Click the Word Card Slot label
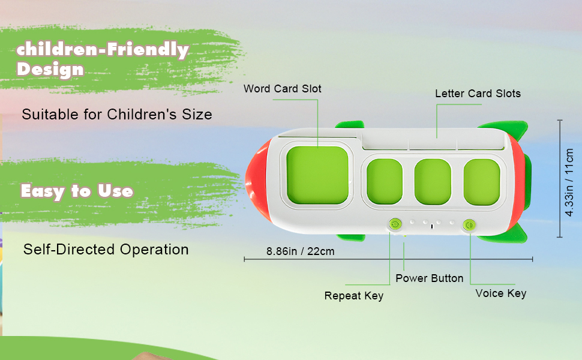coord(282,89)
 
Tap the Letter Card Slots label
coord(478,94)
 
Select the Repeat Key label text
coord(353,296)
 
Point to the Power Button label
coord(429,278)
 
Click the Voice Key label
coord(500,293)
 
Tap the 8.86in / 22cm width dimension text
coord(300,251)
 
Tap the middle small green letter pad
coord(433,181)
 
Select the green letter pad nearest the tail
coord(481,181)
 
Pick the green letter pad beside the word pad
coord(384,181)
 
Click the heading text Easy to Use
coord(77,191)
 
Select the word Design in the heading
coord(50,69)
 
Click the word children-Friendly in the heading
coord(103,50)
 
